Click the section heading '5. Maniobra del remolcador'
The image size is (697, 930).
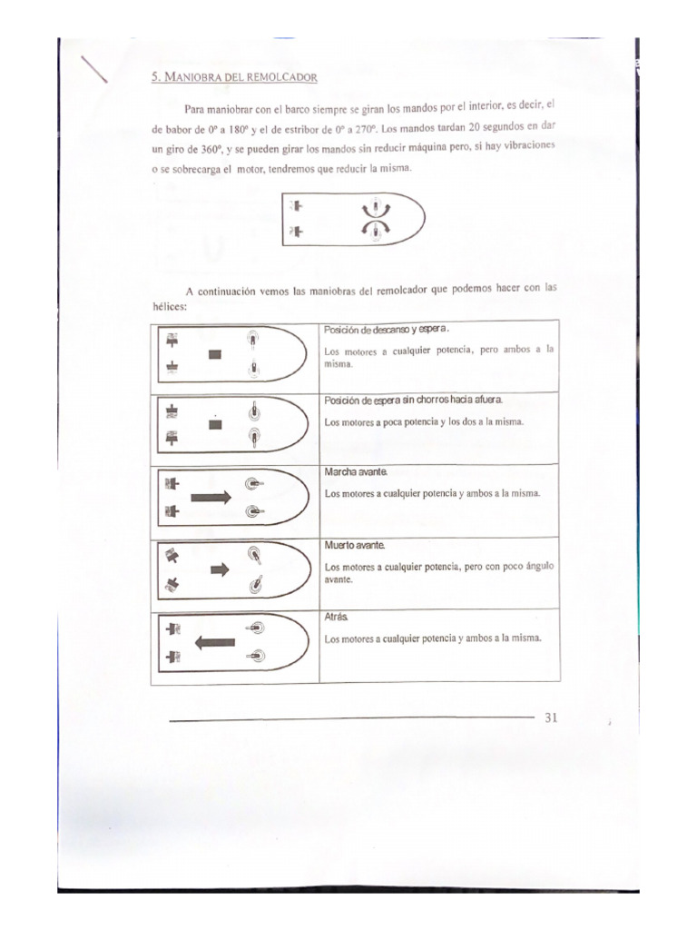(x=234, y=78)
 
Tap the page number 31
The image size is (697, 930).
(x=551, y=717)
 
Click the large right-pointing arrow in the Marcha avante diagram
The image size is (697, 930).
(x=212, y=498)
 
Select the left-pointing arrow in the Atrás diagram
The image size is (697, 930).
(x=214, y=641)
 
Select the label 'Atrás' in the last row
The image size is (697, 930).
(x=336, y=617)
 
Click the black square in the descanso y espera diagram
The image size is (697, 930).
(x=215, y=354)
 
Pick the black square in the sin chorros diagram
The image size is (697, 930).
(x=215, y=426)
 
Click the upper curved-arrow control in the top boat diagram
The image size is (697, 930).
(x=369, y=209)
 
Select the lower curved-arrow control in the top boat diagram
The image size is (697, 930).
(x=369, y=232)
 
